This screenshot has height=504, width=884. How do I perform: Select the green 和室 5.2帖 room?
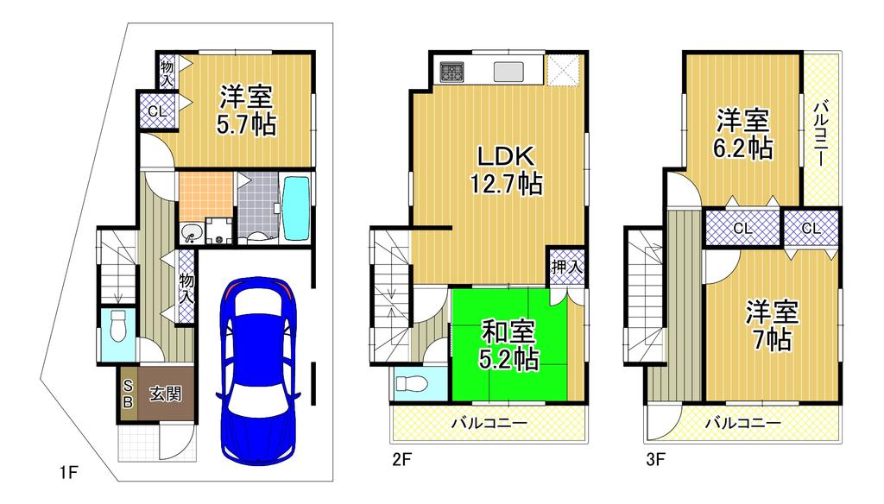pyautogui.click(x=508, y=345)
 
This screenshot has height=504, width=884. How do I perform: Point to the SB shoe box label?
pyautogui.click(x=128, y=394)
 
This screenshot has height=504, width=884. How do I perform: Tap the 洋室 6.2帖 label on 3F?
pyautogui.click(x=743, y=134)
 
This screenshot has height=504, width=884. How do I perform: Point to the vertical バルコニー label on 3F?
pyautogui.click(x=821, y=134)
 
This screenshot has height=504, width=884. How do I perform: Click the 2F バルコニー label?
pyautogui.click(x=489, y=423)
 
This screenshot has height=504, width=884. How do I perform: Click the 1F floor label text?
pyautogui.click(x=69, y=472)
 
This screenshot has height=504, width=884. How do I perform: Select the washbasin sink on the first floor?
pyautogui.click(x=191, y=232)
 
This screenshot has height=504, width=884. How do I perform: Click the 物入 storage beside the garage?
pyautogui.click(x=186, y=287)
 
